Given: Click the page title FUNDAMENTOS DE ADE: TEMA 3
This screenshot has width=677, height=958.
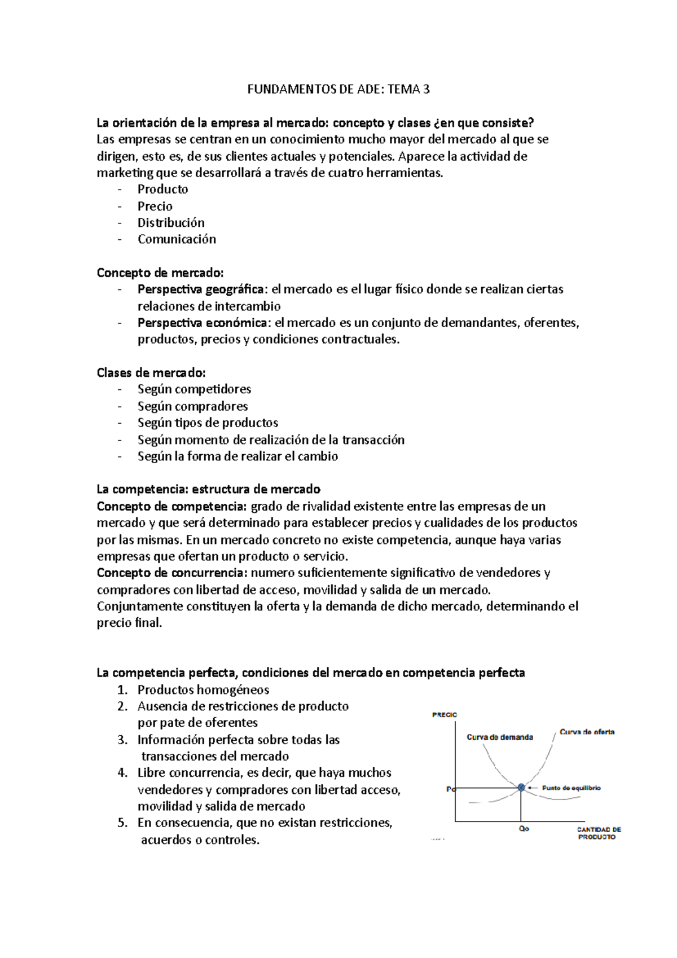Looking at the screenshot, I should coord(338,89).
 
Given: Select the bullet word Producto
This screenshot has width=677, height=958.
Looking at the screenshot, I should coord(162,190).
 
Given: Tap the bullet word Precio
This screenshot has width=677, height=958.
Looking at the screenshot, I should coord(155,206).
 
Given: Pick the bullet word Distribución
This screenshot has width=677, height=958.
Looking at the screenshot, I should coord(171,223).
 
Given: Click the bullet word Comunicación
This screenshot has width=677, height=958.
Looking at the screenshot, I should coord(177,239).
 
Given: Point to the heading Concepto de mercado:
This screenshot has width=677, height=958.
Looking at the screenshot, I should coord(160,273).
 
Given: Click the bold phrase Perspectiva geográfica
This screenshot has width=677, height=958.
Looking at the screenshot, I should coord(200,289).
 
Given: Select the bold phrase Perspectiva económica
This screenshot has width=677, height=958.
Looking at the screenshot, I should coord(203,323).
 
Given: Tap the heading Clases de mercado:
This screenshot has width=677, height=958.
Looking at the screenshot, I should coord(151,373).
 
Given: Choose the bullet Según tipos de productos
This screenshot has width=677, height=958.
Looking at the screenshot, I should coord(208,423).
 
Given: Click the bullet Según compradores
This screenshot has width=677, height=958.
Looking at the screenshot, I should coord(192,406).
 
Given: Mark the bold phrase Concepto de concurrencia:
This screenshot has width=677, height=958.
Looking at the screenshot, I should coord(172,573).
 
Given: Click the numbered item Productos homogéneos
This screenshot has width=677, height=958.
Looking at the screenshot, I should coord(203,690).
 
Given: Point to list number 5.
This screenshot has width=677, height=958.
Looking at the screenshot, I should coord(122,823).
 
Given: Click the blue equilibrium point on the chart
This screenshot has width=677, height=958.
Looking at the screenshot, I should coord(521,787).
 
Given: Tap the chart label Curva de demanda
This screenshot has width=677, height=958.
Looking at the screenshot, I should coord(499,737).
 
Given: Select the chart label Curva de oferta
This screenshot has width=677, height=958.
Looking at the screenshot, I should coord(587,732).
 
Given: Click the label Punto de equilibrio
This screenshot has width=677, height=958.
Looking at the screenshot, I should coord(571,788).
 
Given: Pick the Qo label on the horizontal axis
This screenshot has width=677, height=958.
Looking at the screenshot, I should coord(524,829).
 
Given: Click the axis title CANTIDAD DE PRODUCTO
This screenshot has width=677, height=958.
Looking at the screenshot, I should coord(598,833).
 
